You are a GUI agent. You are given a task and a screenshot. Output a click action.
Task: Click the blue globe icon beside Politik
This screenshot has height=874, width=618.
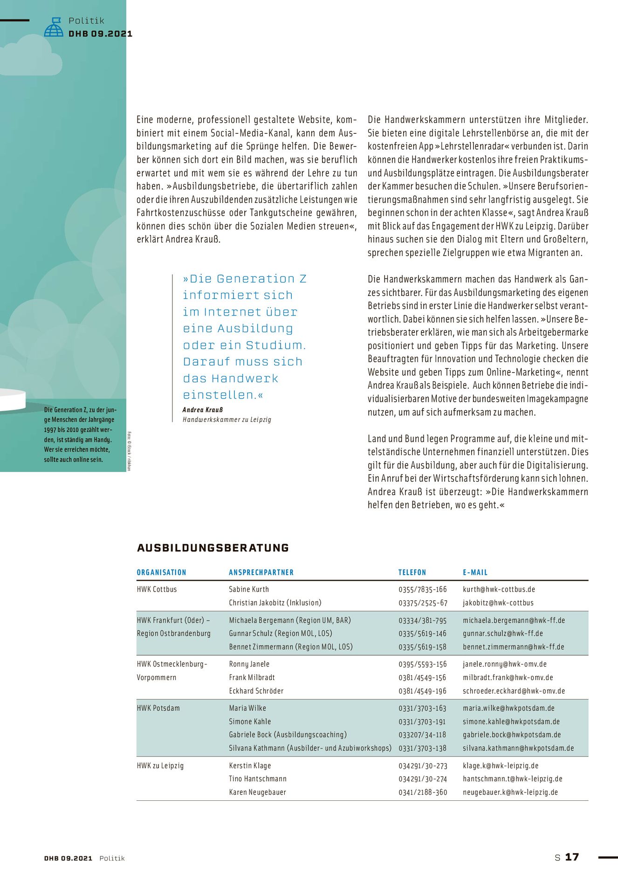(x=54, y=28)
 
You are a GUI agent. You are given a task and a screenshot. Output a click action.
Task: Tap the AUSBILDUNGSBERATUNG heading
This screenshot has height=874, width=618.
(x=213, y=548)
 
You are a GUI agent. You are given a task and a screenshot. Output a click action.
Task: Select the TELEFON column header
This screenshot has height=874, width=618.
(x=412, y=572)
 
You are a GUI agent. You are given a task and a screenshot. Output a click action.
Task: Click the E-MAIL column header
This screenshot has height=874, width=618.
(x=475, y=572)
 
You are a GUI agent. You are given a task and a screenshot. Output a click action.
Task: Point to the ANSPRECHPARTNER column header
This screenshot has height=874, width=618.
(x=261, y=572)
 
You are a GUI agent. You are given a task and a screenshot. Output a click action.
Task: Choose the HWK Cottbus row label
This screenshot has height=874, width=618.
(x=157, y=589)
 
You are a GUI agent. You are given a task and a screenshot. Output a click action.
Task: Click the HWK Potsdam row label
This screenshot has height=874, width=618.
(x=158, y=708)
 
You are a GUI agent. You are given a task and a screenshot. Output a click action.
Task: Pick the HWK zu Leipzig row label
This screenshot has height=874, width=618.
(x=160, y=765)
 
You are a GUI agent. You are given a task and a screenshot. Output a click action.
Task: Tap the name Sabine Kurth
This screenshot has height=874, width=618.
(x=249, y=589)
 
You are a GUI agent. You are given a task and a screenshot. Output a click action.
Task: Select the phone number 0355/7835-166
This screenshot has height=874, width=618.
(x=422, y=589)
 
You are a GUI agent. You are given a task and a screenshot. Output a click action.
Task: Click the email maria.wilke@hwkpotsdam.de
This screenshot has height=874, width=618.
(x=508, y=708)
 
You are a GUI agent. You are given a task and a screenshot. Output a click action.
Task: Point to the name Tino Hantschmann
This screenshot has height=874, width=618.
(x=258, y=778)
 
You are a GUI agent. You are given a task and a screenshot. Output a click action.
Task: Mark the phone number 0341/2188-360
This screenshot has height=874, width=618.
(x=422, y=792)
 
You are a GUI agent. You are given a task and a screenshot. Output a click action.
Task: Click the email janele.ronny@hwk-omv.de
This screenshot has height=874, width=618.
(x=504, y=664)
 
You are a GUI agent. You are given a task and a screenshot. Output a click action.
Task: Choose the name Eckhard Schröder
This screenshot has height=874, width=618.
(x=256, y=691)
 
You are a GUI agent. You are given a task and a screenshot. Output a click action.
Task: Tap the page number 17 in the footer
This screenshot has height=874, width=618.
(x=572, y=857)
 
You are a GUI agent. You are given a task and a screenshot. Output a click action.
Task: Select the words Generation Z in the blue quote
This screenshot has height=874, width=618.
(x=261, y=279)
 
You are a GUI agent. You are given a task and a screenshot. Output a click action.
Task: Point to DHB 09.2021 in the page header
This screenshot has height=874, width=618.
(x=100, y=34)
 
